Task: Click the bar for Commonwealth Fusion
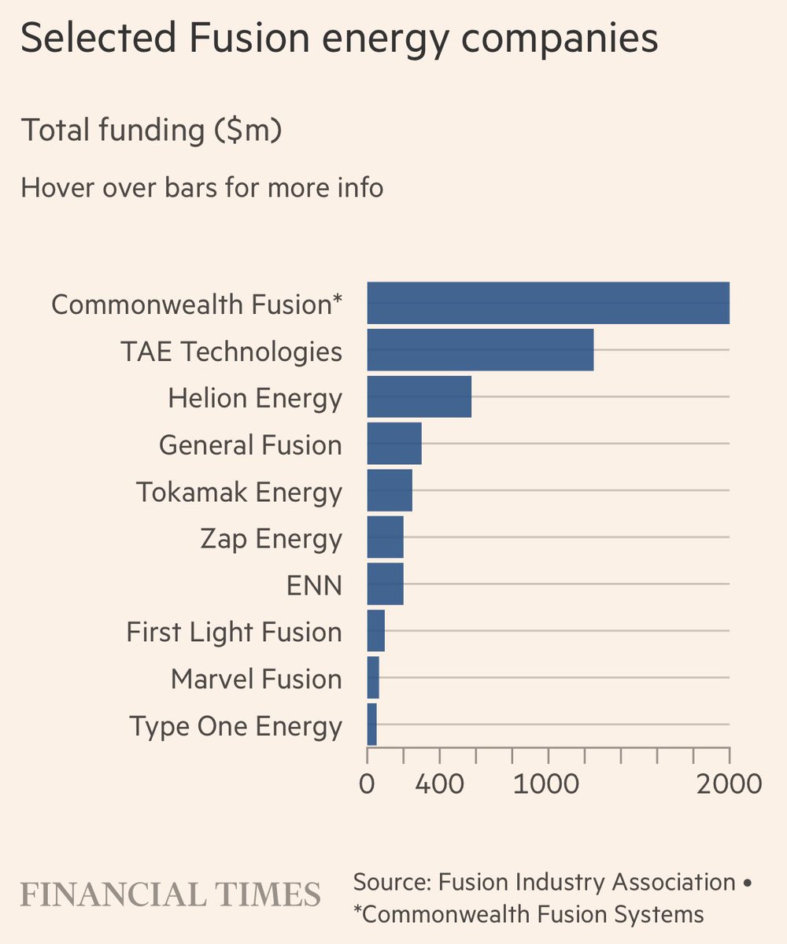tap(548, 303)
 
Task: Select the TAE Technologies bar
tap(480, 350)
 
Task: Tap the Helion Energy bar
tap(419, 396)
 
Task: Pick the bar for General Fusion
tap(394, 444)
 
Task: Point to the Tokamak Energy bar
tap(390, 491)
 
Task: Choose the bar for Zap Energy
tap(385, 537)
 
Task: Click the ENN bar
tap(385, 584)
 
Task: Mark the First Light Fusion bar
tap(376, 631)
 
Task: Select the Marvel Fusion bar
tap(373, 678)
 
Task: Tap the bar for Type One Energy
tap(372, 725)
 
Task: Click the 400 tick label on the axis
tap(439, 784)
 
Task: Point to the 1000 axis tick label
tap(549, 784)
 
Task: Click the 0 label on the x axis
tap(368, 784)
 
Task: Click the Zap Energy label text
tap(272, 539)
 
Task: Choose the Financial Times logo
tap(170, 894)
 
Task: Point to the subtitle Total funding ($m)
tap(151, 130)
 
